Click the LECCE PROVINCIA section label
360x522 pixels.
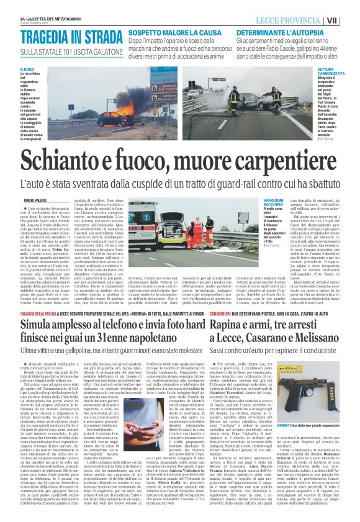coord(308,21)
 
